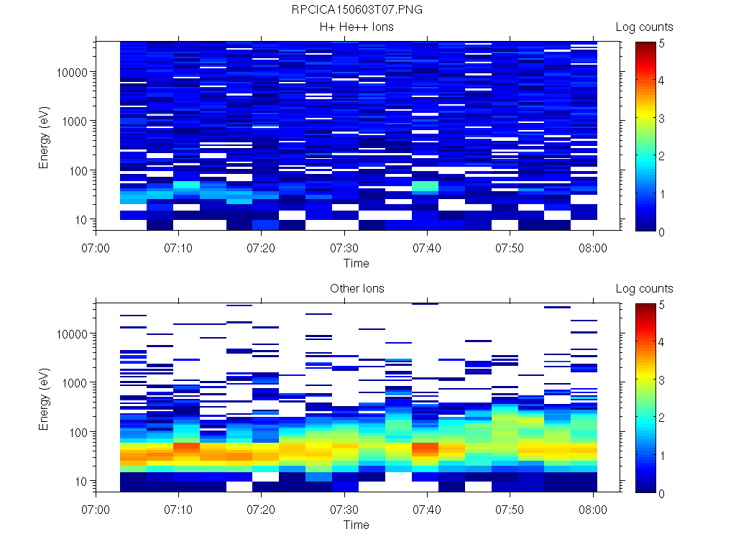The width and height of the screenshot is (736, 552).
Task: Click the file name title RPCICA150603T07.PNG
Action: tap(357, 11)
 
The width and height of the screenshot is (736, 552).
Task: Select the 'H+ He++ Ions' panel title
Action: tap(357, 27)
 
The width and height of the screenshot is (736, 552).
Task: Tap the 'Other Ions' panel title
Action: tap(357, 289)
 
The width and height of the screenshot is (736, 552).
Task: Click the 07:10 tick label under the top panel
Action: tap(179, 248)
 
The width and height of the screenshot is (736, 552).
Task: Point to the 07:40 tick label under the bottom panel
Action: tap(427, 510)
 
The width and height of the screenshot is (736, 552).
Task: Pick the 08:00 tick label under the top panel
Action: tap(593, 248)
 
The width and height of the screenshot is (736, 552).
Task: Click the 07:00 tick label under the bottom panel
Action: tap(96, 510)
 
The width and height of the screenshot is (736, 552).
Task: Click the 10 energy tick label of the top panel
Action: tap(81, 219)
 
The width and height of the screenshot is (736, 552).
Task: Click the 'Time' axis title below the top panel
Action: tap(356, 263)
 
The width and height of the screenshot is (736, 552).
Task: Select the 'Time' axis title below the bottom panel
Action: tap(356, 525)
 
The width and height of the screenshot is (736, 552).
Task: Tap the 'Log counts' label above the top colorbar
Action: tap(645, 27)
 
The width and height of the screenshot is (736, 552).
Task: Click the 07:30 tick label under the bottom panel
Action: tap(344, 510)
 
